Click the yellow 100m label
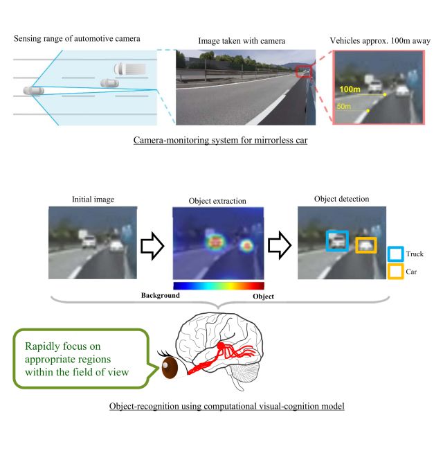pyautogui.click(x=352, y=90)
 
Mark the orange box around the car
pyautogui.click(x=366, y=245)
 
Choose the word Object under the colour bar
pyautogui.click(x=263, y=296)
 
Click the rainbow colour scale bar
pyautogui.click(x=218, y=285)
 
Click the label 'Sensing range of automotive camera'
pyautogui.click(x=77, y=38)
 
